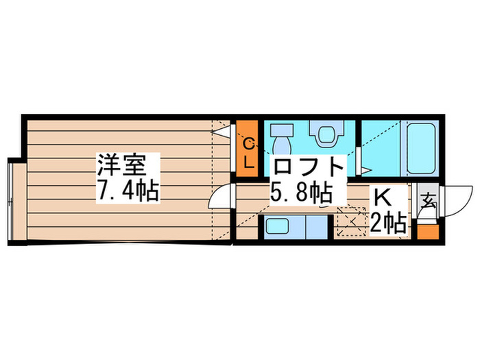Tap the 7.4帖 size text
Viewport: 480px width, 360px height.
point(128,190)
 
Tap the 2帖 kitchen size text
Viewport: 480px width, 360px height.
point(387,221)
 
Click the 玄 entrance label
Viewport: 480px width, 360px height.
point(427,202)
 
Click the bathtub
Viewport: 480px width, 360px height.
point(418,147)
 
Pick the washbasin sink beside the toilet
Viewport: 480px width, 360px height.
point(281,137)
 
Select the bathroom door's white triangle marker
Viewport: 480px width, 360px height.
point(366,169)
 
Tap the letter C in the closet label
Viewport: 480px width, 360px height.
point(249,143)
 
